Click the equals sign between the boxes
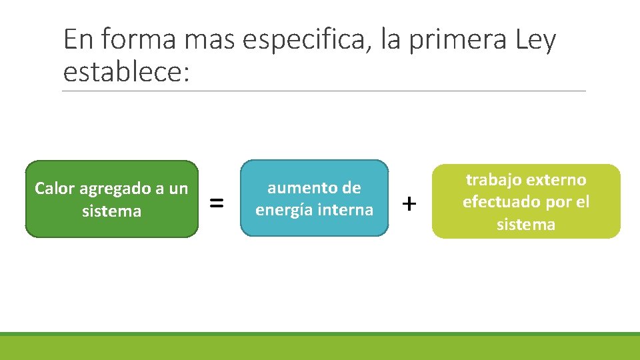(x=217, y=202)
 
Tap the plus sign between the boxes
(x=410, y=202)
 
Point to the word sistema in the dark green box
(x=111, y=211)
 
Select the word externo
(x=557, y=179)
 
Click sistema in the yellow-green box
(x=526, y=224)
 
